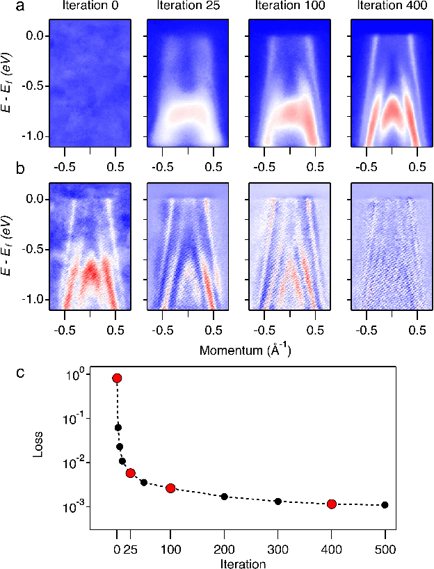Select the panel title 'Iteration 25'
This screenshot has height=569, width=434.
(x=188, y=7)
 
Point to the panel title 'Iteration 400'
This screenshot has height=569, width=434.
(x=391, y=7)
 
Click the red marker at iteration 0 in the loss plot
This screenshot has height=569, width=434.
(x=117, y=378)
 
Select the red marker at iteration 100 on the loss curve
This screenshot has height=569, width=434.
(x=170, y=488)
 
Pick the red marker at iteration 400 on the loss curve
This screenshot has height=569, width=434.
(x=332, y=504)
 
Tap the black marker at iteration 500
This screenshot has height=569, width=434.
(x=385, y=505)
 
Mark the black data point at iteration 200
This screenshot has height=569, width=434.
(x=224, y=496)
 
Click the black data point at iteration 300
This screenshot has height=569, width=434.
(x=278, y=501)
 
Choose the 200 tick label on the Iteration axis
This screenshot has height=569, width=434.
(x=224, y=550)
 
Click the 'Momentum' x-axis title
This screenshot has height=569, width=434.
(x=245, y=350)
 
